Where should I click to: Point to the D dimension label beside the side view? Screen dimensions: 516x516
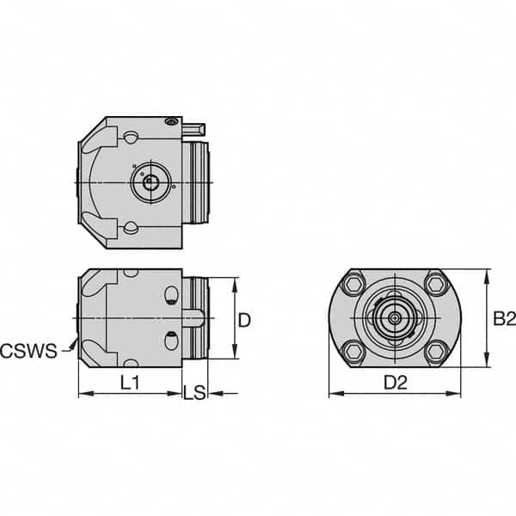(x=244, y=320)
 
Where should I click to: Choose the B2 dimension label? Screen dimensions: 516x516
(x=503, y=319)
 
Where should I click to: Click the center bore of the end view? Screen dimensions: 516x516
(x=393, y=317)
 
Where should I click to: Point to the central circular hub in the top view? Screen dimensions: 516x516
(x=150, y=182)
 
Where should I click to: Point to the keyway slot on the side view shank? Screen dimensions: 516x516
(x=197, y=318)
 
